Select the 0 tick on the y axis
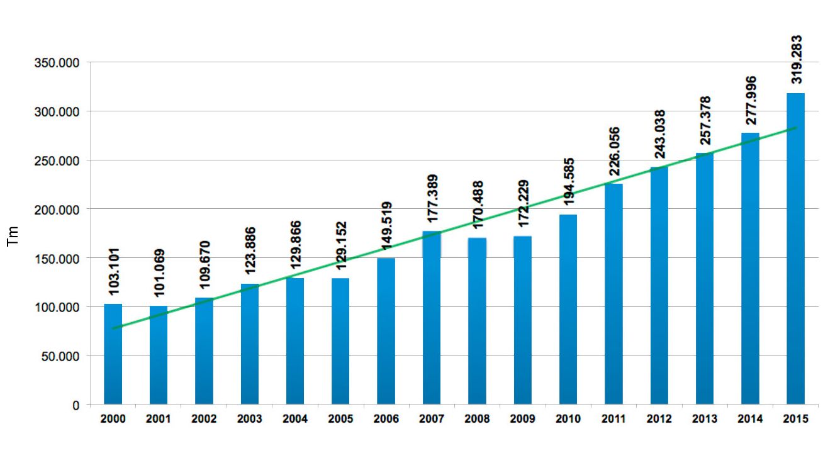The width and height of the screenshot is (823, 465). click(x=76, y=405)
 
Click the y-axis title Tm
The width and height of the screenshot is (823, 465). click(x=13, y=237)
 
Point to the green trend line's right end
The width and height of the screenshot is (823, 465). click(x=796, y=128)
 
